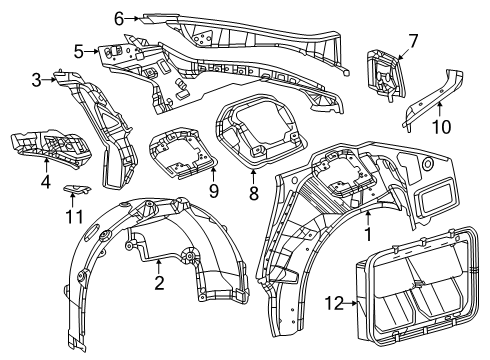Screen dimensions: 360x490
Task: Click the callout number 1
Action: (x=368, y=236)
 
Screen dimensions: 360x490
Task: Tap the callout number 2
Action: (x=159, y=284)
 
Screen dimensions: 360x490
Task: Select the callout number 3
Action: (x=35, y=79)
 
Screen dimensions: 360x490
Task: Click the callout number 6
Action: (x=119, y=18)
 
